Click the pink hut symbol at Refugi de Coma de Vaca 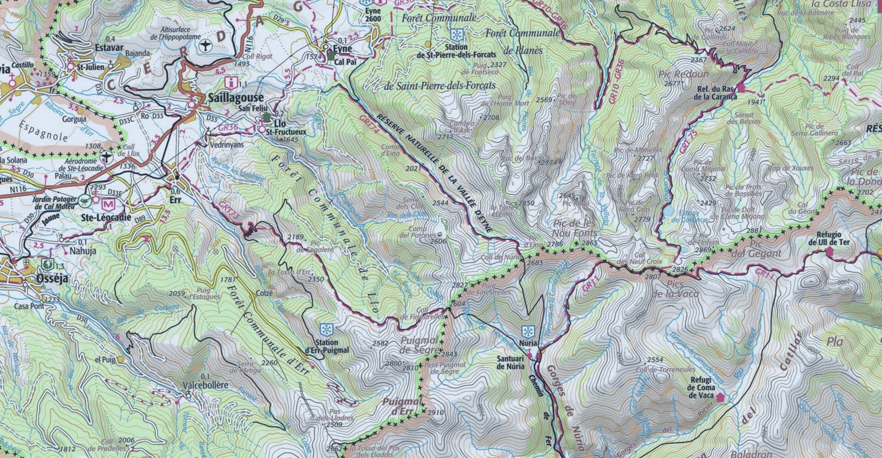pyautogui.click(x=720, y=397)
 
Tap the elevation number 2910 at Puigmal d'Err pyautogui.click(x=436, y=412)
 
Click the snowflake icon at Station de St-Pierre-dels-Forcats pyautogui.click(x=456, y=35)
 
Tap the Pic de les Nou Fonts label pyautogui.click(x=574, y=229)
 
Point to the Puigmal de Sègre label pyautogui.click(x=420, y=345)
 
